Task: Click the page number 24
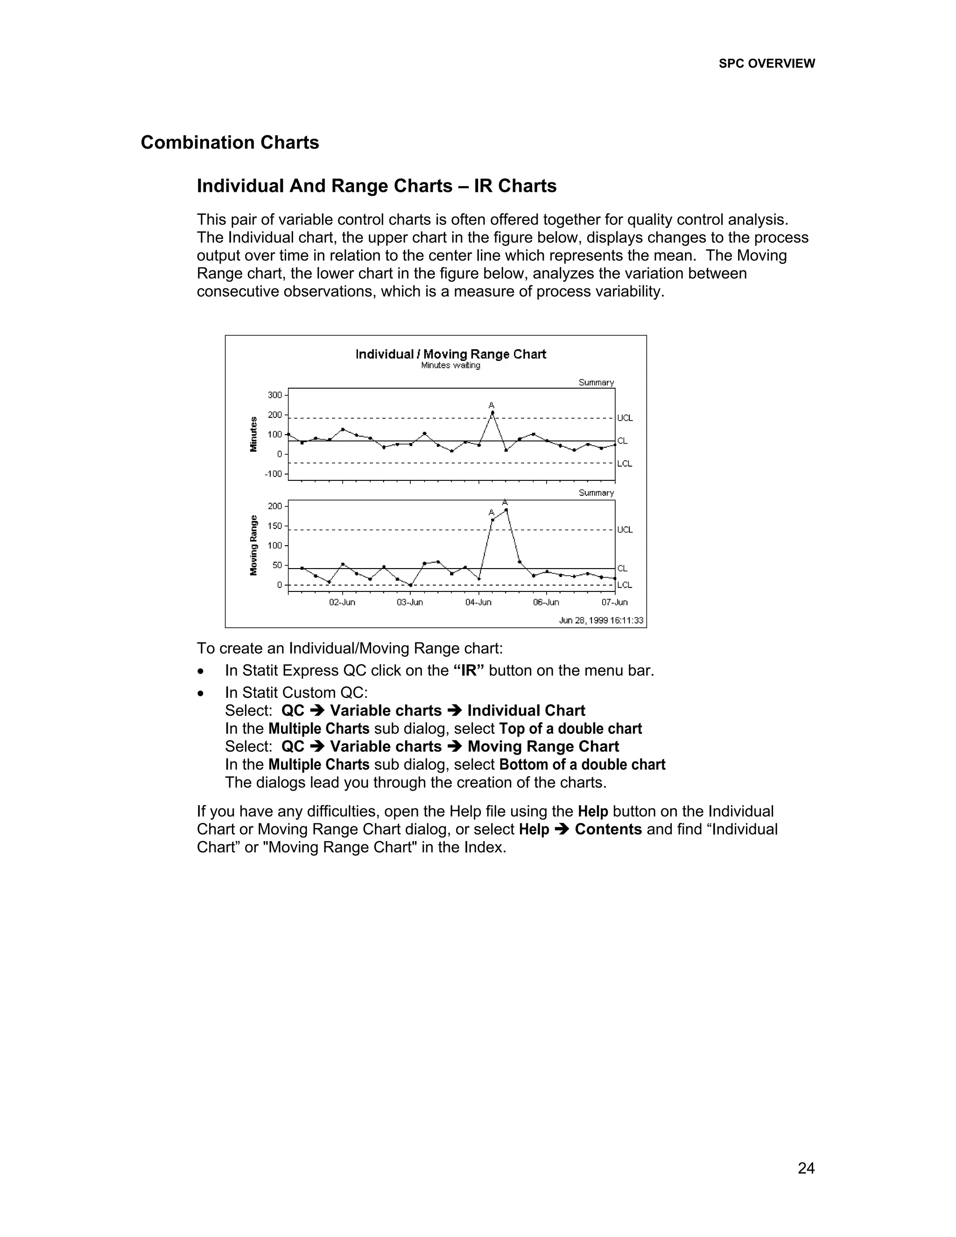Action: (806, 1168)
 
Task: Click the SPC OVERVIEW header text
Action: (767, 63)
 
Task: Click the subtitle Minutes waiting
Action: (450, 366)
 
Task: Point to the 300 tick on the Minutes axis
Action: (274, 395)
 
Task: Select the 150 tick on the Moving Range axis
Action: (274, 526)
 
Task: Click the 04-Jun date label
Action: (478, 603)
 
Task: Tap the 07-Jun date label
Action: (614, 603)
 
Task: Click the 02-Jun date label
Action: (342, 603)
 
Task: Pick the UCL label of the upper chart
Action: (625, 418)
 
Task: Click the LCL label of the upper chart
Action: (625, 464)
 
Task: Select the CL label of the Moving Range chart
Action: (622, 568)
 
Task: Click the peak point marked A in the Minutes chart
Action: (492, 413)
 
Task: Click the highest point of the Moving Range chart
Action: (506, 510)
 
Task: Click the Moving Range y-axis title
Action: (254, 545)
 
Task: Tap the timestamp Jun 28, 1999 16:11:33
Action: (601, 620)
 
